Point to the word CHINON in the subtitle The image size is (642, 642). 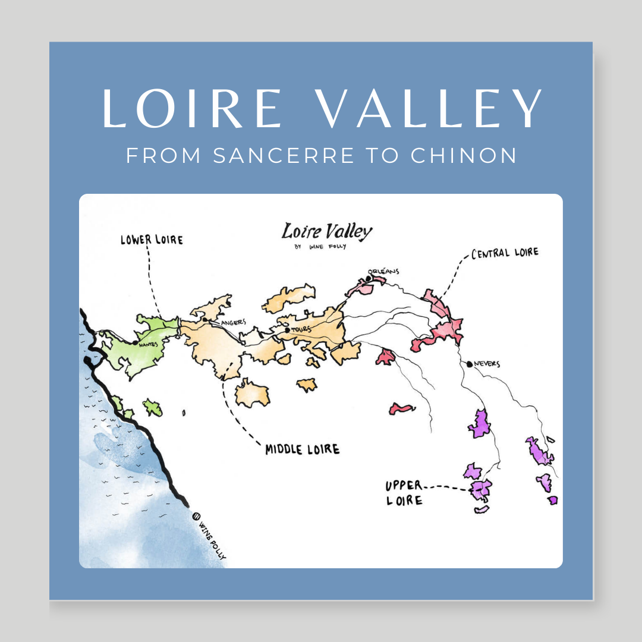[464, 156]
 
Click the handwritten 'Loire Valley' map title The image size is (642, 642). [327, 232]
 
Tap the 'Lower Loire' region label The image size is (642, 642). [152, 240]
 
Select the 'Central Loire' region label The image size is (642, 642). [505, 253]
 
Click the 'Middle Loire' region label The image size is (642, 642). [302, 449]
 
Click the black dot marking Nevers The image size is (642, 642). [470, 364]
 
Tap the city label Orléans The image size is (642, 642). [384, 272]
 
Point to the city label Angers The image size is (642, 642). [233, 322]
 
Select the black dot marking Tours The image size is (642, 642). [287, 330]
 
